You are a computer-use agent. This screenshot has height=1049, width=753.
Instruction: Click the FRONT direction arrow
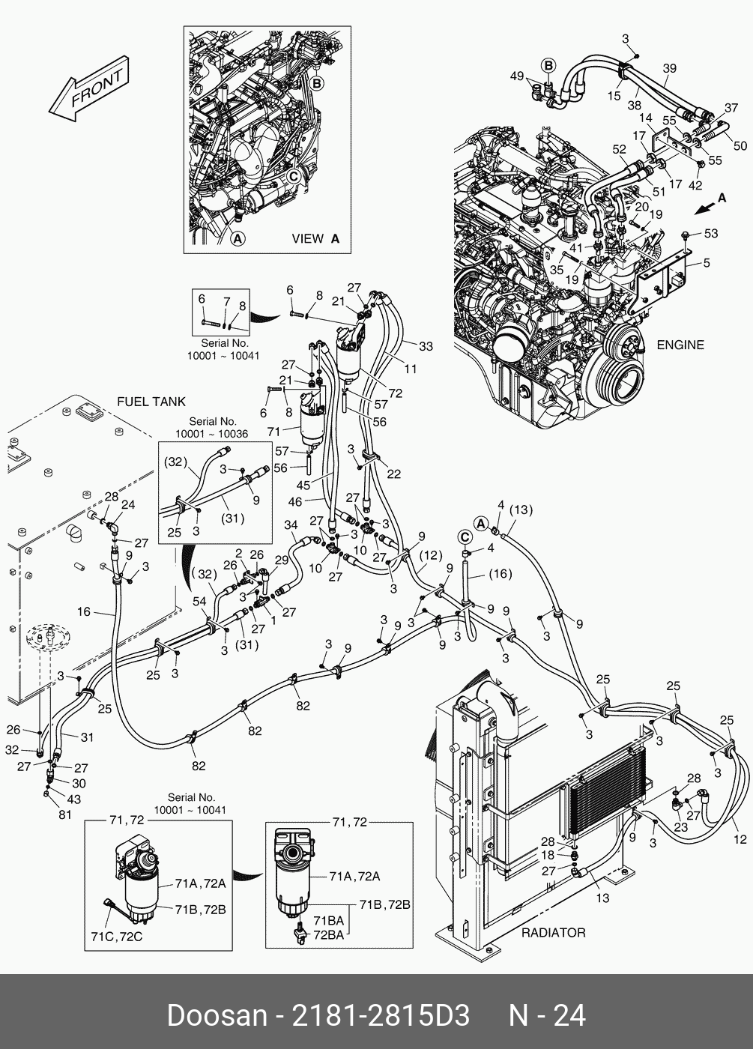[x=87, y=90]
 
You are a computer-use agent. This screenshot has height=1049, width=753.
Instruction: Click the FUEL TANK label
[x=151, y=402]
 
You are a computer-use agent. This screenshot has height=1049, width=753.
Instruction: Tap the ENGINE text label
[x=680, y=345]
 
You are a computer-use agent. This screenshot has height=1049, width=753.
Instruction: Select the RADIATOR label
[x=553, y=933]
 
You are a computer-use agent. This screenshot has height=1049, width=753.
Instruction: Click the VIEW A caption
[x=315, y=239]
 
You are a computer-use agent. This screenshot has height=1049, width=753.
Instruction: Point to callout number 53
[x=710, y=233]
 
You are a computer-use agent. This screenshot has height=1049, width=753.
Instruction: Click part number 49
[x=517, y=76]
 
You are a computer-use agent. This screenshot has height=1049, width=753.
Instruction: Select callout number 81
[x=65, y=814]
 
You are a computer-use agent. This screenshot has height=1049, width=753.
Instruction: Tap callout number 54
[x=199, y=602]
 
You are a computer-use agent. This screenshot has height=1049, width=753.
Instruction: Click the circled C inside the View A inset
[x=294, y=177]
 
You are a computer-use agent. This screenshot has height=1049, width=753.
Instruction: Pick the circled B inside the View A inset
[x=316, y=83]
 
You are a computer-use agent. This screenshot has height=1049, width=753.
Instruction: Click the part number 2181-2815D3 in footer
[x=380, y=1016]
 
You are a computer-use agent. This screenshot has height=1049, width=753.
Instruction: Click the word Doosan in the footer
[x=217, y=1016]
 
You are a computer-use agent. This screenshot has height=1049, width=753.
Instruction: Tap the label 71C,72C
[x=117, y=937]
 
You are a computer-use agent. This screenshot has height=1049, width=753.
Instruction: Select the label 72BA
[x=328, y=935]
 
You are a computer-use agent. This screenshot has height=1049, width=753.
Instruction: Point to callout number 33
[x=426, y=346]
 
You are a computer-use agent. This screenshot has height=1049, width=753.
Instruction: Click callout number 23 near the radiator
[x=680, y=828]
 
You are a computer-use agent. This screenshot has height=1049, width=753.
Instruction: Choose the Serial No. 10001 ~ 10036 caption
[x=212, y=428]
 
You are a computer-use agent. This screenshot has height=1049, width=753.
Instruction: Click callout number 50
[x=740, y=146]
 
